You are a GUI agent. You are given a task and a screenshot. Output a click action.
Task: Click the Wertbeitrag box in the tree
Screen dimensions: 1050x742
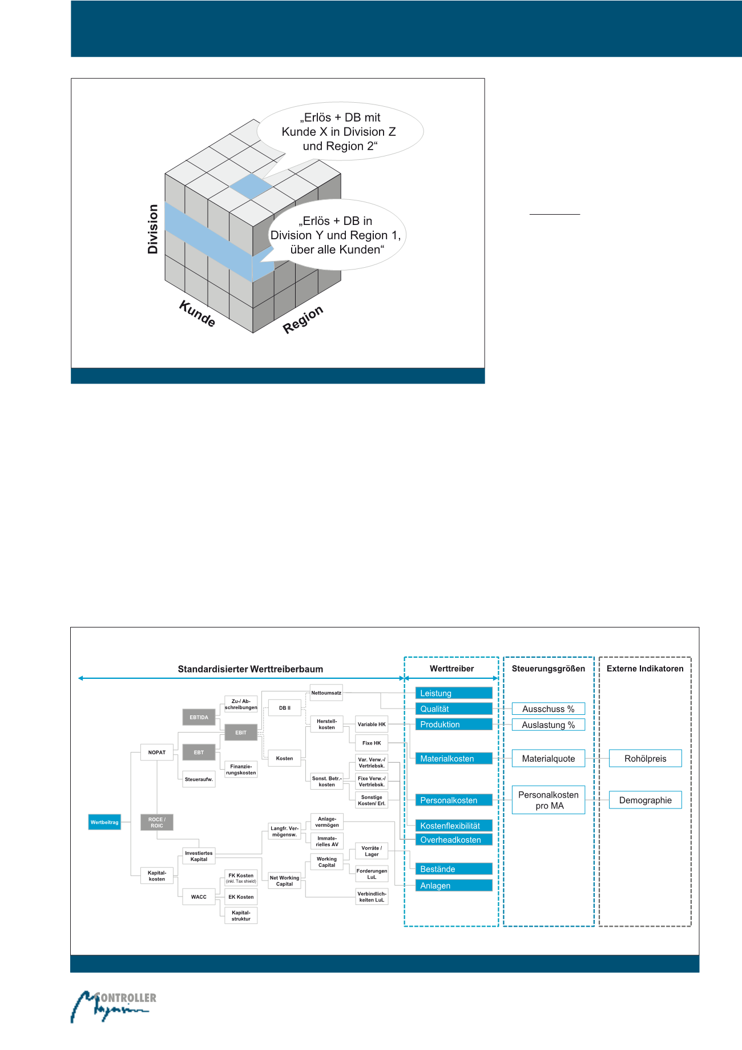click(x=104, y=822)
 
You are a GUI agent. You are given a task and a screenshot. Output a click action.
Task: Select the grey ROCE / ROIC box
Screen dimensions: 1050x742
click(x=156, y=822)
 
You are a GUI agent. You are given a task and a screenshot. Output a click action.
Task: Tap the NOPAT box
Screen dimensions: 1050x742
click(x=156, y=752)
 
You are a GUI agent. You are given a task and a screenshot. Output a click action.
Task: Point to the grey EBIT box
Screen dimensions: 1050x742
click(x=241, y=732)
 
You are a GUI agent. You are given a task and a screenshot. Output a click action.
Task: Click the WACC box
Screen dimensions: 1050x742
click(x=199, y=896)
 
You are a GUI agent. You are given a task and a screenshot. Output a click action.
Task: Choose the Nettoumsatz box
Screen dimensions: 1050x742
click(x=326, y=693)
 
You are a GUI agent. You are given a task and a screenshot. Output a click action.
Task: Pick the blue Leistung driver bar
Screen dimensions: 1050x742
click(x=453, y=693)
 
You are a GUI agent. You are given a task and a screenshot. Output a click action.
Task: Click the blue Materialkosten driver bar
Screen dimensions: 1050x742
click(x=453, y=758)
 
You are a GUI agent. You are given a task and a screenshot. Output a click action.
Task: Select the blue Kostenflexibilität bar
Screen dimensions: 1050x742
click(x=453, y=826)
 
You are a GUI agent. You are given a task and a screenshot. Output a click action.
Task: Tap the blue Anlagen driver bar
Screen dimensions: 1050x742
click(x=453, y=886)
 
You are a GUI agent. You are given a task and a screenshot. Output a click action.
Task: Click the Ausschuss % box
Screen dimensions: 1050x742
click(x=548, y=709)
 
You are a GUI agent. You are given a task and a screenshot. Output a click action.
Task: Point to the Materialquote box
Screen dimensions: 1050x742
click(x=548, y=758)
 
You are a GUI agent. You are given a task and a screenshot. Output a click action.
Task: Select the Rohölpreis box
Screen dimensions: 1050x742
click(x=645, y=758)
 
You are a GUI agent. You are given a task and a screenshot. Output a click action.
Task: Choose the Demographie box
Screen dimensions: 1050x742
click(x=645, y=800)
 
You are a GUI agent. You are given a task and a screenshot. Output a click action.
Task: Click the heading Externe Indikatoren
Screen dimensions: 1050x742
click(x=645, y=669)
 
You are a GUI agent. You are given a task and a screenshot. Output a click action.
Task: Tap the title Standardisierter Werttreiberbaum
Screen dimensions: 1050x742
click(x=250, y=669)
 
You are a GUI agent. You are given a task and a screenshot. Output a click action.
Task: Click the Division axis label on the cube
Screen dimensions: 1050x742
click(x=152, y=229)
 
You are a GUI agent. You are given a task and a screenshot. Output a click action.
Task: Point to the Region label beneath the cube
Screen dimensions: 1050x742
click(x=303, y=319)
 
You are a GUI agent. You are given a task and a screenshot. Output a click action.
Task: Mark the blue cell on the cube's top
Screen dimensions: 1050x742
click(x=251, y=186)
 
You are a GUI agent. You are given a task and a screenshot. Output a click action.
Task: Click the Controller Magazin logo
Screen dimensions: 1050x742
click(x=113, y=1006)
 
